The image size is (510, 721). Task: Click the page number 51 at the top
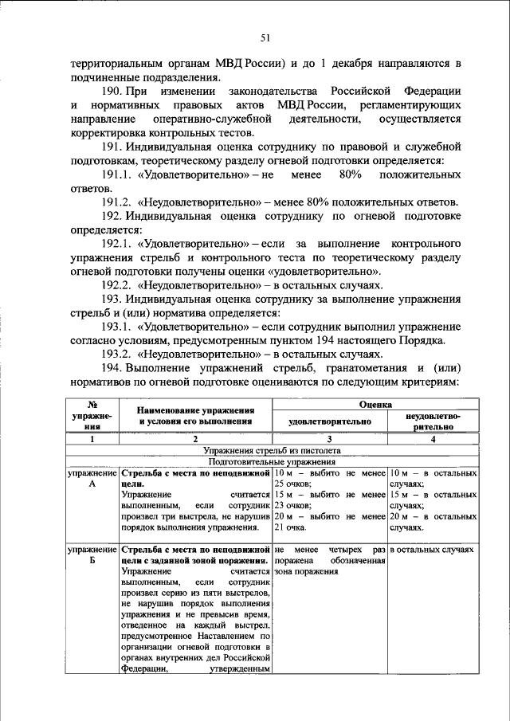pyautogui.click(x=266, y=37)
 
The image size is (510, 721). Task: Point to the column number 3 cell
pyautogui.click(x=328, y=439)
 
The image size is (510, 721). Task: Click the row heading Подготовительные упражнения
pyautogui.click(x=272, y=461)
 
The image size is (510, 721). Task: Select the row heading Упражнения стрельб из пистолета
pyautogui.click(x=272, y=450)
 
